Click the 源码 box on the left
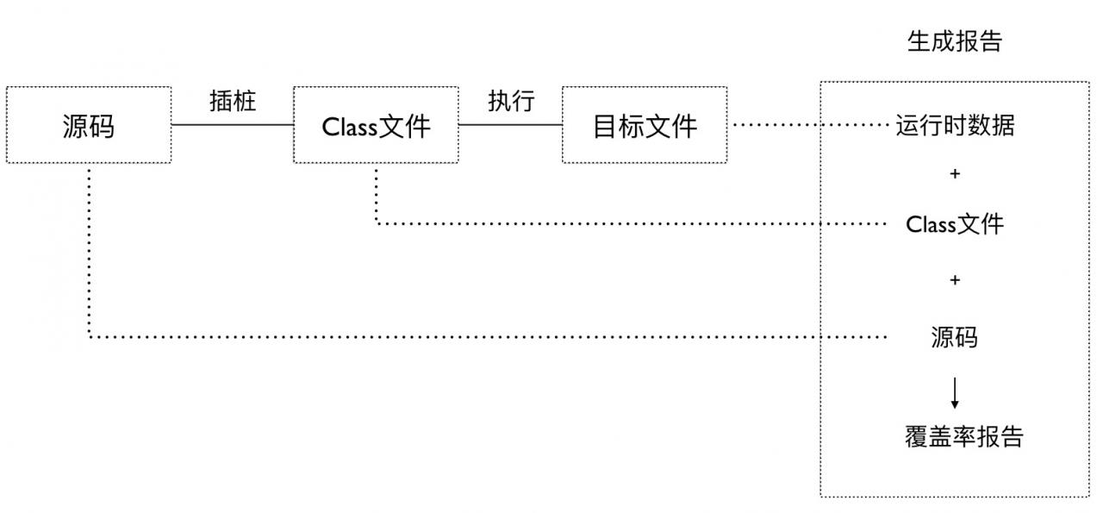point(89,125)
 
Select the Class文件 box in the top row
point(376,125)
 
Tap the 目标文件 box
point(645,125)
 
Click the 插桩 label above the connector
point(233,101)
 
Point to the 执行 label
point(511,101)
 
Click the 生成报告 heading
point(955,41)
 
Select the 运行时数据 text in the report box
point(955,126)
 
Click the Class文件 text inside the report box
point(955,225)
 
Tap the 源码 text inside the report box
point(955,336)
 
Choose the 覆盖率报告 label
point(963,436)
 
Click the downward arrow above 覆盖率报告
point(955,392)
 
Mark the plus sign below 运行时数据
point(955,174)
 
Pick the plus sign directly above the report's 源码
point(955,280)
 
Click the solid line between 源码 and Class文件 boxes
point(233,125)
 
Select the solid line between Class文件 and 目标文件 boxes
point(510,125)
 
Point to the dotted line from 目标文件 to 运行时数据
point(810,125)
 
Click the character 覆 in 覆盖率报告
point(916,436)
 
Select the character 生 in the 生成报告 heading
point(919,41)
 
